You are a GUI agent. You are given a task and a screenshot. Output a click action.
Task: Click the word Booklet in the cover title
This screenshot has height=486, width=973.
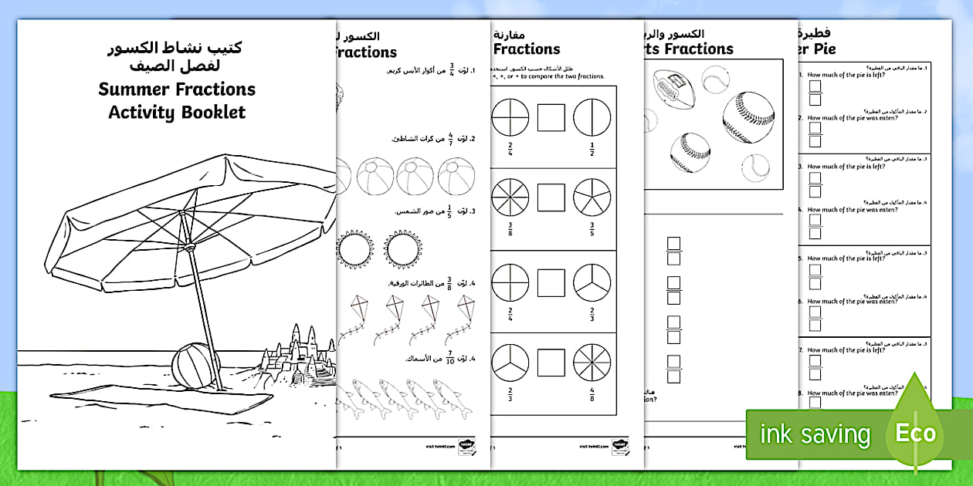point(209,113)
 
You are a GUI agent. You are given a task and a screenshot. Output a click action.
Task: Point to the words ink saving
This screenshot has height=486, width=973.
point(815,434)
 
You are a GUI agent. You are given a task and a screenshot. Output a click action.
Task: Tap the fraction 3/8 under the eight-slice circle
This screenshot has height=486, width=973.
point(510,229)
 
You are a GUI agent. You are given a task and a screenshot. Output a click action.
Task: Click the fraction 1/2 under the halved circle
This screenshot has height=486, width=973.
point(592,147)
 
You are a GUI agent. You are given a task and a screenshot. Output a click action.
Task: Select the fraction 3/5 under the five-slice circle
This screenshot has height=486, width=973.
point(592,229)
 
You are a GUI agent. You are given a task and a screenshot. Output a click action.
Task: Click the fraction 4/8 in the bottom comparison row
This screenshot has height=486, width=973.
point(592,394)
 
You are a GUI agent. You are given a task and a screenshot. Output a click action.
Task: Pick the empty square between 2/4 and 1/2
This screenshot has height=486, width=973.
point(551,118)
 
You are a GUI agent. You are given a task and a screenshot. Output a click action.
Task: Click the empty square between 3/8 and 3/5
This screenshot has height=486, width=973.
point(551,197)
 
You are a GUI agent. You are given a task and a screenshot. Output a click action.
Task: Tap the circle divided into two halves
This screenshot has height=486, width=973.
point(592,117)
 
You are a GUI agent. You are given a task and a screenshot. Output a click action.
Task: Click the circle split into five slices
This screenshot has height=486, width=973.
point(592,197)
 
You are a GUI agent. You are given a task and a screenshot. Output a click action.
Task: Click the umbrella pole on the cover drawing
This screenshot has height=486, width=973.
point(202,309)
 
